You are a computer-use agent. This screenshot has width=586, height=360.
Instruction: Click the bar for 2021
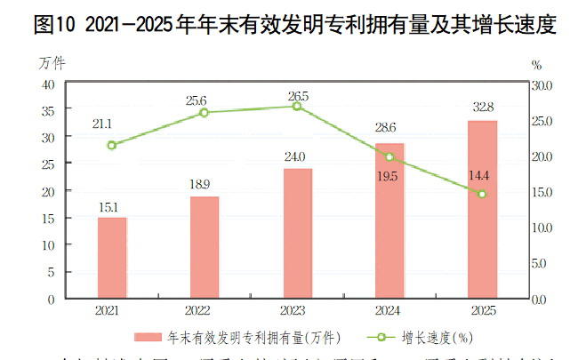112,258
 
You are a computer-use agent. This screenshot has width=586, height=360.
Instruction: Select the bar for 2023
297,233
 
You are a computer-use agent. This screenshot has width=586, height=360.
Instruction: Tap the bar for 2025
482,209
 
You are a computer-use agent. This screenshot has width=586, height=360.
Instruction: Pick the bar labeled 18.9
205,247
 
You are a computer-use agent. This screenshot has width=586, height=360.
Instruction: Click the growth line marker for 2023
297,106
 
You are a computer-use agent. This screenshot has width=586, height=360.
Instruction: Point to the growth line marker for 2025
482,194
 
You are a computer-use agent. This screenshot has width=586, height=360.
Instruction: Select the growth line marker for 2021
112,145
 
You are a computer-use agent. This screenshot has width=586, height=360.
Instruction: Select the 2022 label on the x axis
205,311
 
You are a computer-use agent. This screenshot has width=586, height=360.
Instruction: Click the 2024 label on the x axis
389,311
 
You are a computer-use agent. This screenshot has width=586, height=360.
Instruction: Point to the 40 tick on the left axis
48,84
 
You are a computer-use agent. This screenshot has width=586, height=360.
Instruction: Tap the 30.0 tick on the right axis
542,85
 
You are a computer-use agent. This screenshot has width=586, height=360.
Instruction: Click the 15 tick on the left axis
48,218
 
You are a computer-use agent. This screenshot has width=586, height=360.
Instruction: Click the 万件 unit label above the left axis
52,63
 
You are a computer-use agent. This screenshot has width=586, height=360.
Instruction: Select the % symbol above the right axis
536,65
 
